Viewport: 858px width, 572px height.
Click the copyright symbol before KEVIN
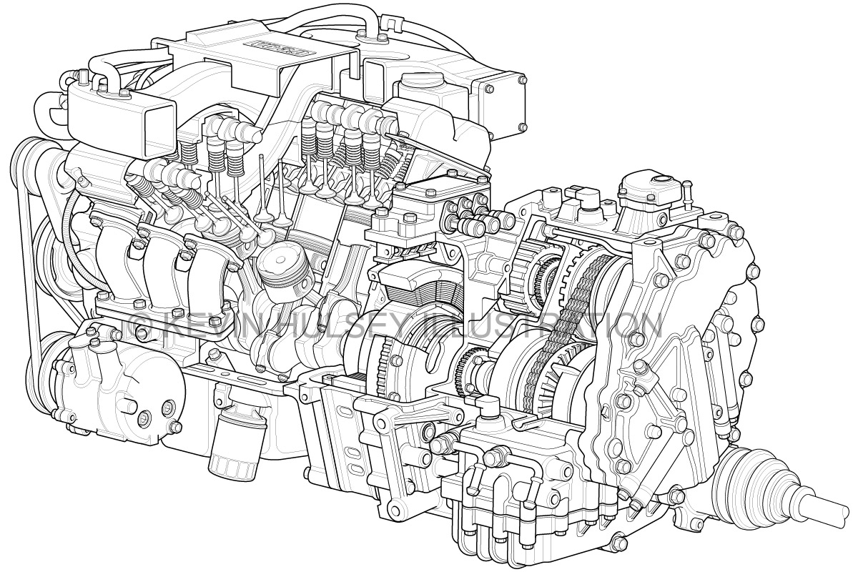pyautogui.click(x=140, y=325)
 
